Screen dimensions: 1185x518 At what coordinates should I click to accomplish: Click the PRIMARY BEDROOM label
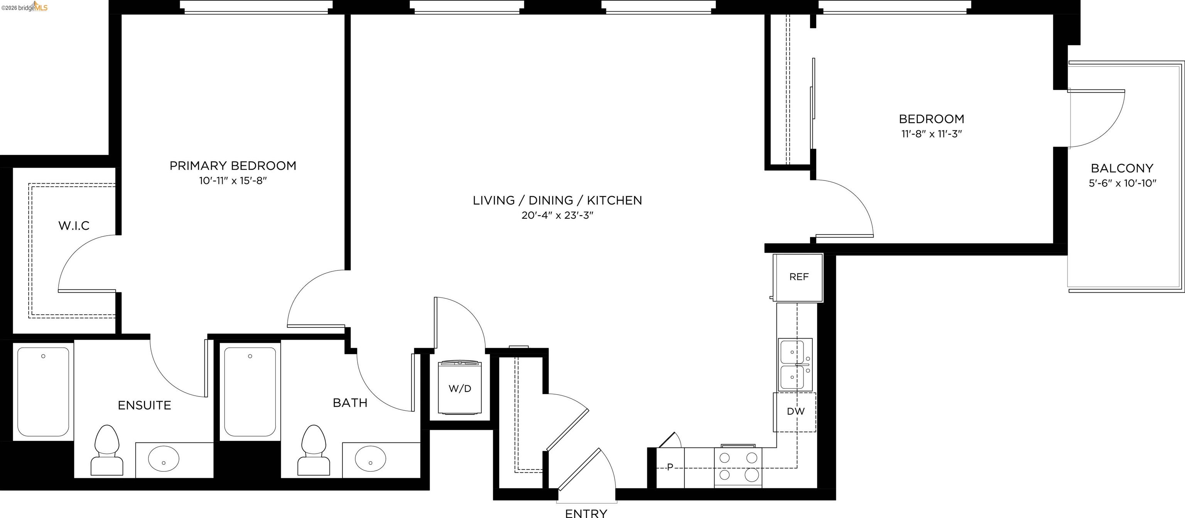[233, 165]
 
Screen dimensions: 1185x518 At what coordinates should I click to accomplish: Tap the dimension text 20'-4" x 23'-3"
[557, 215]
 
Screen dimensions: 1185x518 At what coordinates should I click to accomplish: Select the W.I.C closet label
[74, 225]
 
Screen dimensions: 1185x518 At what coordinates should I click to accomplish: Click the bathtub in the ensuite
[43, 391]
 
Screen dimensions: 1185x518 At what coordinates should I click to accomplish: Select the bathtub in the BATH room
[250, 391]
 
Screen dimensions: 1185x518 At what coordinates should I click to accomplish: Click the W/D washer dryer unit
[459, 388]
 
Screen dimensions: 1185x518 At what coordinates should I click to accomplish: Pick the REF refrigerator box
[798, 277]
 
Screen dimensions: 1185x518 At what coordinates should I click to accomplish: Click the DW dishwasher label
[795, 411]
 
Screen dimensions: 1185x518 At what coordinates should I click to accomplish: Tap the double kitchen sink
[795, 365]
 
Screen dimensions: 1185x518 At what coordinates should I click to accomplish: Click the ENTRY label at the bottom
[586, 513]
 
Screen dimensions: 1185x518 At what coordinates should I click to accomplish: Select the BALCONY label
[1122, 168]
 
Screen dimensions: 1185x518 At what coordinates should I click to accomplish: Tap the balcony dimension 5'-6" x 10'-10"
[1122, 183]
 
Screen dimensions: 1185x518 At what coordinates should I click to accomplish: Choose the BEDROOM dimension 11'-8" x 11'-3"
[932, 134]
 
